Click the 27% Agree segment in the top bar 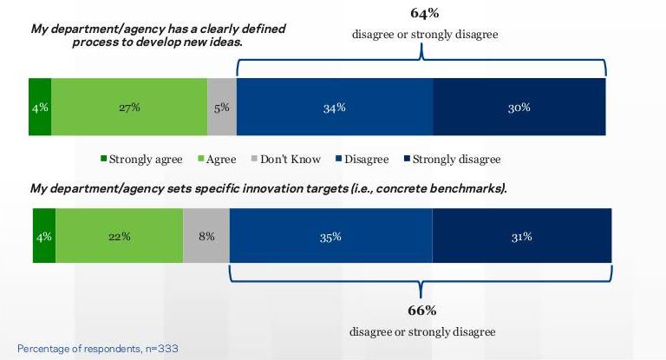click(x=129, y=108)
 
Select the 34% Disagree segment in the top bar click(x=334, y=108)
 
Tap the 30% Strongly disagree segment click(x=519, y=108)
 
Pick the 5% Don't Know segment click(x=222, y=108)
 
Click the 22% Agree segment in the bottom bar click(x=120, y=236)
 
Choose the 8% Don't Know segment click(x=206, y=236)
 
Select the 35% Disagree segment click(x=330, y=236)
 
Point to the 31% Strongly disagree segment click(x=521, y=236)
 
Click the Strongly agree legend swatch click(x=103, y=160)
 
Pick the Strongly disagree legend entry click(x=456, y=160)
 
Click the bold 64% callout click(x=424, y=14)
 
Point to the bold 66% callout click(x=422, y=311)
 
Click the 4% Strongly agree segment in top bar click(x=40, y=108)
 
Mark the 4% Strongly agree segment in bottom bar click(x=44, y=236)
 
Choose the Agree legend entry click(x=219, y=160)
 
